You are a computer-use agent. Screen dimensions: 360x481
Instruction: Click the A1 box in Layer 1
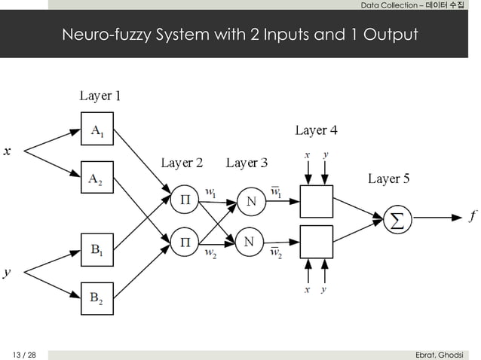pos(97,130)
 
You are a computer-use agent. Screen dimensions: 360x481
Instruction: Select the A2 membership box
pos(97,178)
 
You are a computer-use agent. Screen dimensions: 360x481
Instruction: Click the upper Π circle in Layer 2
pos(184,201)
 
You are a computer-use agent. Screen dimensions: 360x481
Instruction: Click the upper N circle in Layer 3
pos(250,201)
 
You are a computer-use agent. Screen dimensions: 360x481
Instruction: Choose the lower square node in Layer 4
pos(316,241)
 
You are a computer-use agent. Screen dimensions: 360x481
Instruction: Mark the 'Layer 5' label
pos(388,178)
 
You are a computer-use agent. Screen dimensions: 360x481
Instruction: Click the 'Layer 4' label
pos(316,131)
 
